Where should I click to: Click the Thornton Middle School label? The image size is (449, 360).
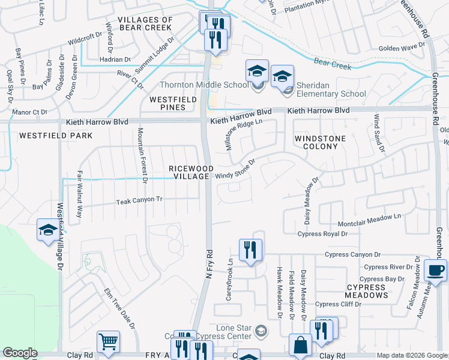point(203,85)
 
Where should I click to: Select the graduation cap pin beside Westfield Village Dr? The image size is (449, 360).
point(48,231)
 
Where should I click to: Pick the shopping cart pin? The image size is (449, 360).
point(108,342)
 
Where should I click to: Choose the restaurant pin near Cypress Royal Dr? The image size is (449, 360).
point(250,250)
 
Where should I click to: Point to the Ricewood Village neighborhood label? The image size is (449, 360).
point(189,172)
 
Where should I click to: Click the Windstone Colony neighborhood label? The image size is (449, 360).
point(320,142)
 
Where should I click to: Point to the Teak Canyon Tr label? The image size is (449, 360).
point(139,199)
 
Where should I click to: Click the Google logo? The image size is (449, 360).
point(20,353)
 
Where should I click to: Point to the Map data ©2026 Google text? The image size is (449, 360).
point(411,355)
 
